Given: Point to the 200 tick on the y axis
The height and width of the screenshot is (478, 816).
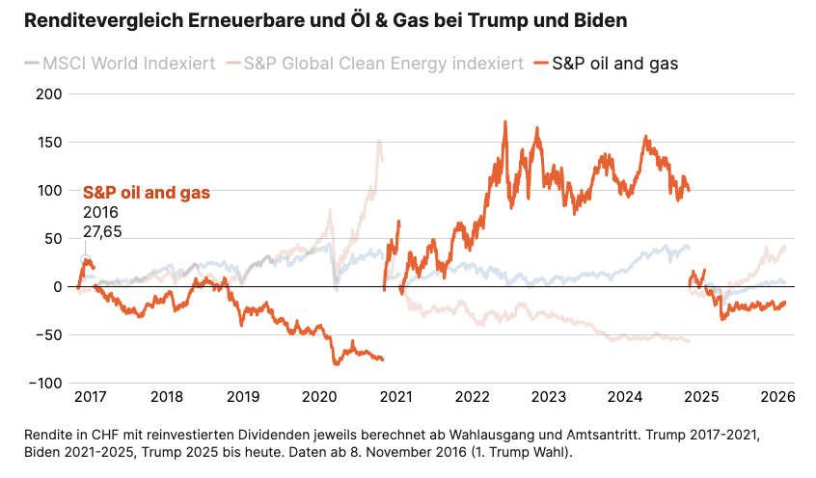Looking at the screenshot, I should (x=48, y=93).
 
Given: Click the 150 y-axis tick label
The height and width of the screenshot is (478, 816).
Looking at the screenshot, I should (x=48, y=142).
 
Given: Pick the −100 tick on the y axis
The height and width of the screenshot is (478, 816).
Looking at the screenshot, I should (x=43, y=383).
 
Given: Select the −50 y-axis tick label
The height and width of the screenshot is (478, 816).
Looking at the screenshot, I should (x=46, y=334).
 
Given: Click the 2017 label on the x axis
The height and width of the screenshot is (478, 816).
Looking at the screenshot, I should (x=91, y=397).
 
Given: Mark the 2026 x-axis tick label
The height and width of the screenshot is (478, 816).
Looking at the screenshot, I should (x=776, y=397).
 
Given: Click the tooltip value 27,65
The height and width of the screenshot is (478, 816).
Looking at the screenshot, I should (x=102, y=231).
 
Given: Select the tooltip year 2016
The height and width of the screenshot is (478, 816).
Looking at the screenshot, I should (x=100, y=212).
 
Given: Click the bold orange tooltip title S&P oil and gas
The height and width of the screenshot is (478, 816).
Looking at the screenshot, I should (x=147, y=193).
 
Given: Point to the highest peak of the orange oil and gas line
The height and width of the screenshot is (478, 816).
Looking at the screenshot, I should (x=504, y=122).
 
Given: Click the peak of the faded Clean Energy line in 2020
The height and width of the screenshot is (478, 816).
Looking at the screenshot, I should (x=378, y=141).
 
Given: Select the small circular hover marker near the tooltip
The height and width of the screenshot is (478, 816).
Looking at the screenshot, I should (x=84, y=259).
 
